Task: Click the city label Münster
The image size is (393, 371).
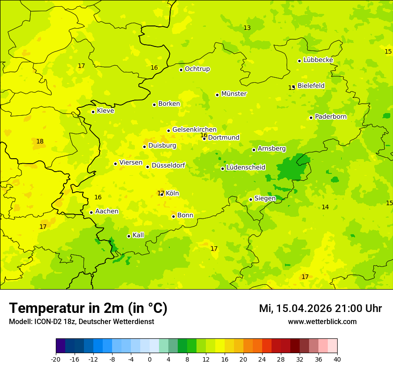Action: (x=234, y=94)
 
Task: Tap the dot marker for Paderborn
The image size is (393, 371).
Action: (x=311, y=118)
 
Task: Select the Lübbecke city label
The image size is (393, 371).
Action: (x=318, y=60)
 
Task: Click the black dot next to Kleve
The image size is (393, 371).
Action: (x=93, y=112)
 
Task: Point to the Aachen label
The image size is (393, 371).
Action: (x=107, y=211)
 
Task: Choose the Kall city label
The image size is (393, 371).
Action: (x=138, y=235)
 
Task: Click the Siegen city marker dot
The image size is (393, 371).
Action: (x=251, y=199)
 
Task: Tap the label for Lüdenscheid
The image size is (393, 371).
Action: (x=246, y=168)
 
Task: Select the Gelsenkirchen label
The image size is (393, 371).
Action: (x=194, y=130)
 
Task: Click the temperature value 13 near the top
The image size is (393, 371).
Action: (x=247, y=28)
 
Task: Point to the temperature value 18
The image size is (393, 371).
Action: (x=40, y=142)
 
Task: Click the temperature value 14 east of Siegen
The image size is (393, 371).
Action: (x=325, y=207)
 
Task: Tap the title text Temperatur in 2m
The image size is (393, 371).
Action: (x=88, y=308)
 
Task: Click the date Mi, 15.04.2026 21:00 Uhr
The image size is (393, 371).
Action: (x=320, y=308)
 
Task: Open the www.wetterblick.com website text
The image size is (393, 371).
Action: (x=322, y=322)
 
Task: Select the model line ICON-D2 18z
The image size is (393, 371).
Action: (x=81, y=322)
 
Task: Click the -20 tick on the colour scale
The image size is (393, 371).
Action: (x=56, y=359)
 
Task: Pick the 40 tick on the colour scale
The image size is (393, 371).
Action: (x=337, y=359)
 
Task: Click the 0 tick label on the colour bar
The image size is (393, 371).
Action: (x=150, y=359)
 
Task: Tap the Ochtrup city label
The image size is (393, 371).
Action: (x=197, y=69)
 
